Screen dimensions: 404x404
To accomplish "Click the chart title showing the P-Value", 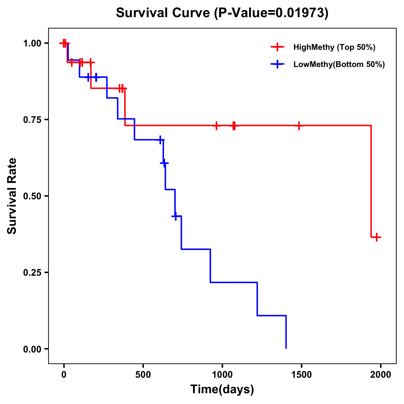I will point(222,13).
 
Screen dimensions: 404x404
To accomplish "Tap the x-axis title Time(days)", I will point(222,389).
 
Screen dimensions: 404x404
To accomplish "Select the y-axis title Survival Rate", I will point(12,196).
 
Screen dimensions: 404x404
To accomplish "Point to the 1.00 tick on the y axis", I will point(32,43).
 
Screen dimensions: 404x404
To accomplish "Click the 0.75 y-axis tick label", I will point(32,120).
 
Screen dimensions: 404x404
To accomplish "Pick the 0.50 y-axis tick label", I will point(32,196).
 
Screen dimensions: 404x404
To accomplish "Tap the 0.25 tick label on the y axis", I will point(32,272).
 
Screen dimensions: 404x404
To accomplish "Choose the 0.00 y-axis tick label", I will point(32,349).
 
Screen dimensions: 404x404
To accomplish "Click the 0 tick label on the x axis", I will point(64,375).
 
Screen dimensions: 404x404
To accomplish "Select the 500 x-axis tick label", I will point(143,375).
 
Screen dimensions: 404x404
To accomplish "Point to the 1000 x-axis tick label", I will point(222,375).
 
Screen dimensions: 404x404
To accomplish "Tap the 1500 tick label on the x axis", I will point(301,375).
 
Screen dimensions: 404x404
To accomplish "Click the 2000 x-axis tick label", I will point(381,375).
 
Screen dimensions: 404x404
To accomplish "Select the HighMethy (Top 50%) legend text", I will point(334,47).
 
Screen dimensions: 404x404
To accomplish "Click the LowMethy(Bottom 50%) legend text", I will point(339,64).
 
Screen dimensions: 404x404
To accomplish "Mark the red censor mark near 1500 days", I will point(299,126).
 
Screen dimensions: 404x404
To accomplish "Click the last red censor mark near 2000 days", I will point(377,237).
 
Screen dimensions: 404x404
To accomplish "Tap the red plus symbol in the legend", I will point(277,47).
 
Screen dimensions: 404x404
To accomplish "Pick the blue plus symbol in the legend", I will point(277,64).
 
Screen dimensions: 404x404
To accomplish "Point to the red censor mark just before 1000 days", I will point(216,126).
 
